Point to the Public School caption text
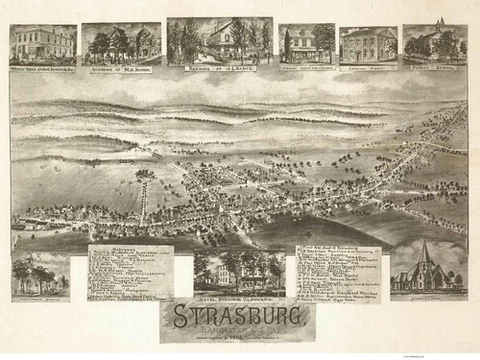coord(435,69)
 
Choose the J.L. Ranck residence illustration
coord(219,39)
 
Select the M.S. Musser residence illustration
coord(121,42)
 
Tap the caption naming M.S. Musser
coord(121,69)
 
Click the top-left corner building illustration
coord(42,43)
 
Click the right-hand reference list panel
coord(338,274)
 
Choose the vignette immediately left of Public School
coord(368,44)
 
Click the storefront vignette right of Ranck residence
coord(306,43)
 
